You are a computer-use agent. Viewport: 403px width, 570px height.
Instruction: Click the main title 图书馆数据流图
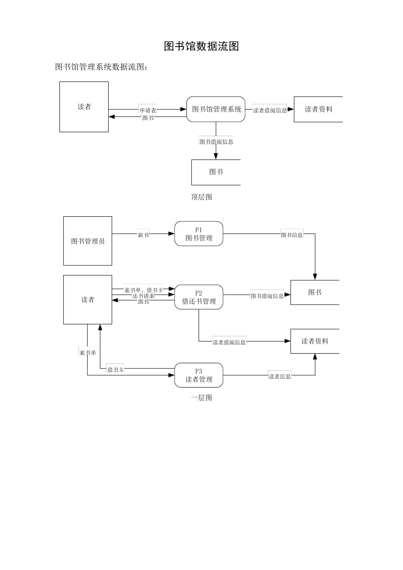coord(201,46)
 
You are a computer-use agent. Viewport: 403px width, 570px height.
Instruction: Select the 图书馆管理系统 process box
coord(216,109)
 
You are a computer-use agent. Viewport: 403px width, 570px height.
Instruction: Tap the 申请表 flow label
coord(148,110)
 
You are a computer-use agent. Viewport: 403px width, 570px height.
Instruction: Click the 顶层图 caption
coord(201,197)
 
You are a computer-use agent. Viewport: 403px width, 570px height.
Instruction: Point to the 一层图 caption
coord(201,398)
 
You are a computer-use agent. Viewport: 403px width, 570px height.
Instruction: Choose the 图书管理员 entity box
coord(88,241)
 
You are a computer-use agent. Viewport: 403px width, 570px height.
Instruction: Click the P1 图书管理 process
coord(199,234)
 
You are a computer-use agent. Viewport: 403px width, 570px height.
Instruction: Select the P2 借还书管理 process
coord(199,297)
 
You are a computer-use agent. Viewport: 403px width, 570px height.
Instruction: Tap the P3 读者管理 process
coord(199,375)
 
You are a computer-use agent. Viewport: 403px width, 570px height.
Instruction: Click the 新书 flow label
coord(143,235)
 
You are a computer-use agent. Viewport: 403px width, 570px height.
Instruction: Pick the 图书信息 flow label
coord(292,235)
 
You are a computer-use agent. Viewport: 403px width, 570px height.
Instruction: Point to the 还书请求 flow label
coord(143,296)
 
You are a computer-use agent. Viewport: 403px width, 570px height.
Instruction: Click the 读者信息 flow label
coord(280,376)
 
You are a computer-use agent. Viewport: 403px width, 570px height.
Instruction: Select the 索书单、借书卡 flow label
coord(143,290)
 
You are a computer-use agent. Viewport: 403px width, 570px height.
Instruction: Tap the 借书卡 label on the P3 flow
coord(115,369)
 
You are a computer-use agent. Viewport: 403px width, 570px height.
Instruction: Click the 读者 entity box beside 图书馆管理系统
coord(84,107)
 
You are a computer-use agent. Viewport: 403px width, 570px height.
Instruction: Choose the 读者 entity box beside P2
coord(88,300)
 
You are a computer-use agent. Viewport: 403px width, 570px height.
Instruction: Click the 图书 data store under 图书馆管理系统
coord(216,172)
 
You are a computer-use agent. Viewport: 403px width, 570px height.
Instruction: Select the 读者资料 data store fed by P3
coord(315,341)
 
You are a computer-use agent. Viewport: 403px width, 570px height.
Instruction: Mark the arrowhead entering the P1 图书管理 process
coord(172,234)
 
